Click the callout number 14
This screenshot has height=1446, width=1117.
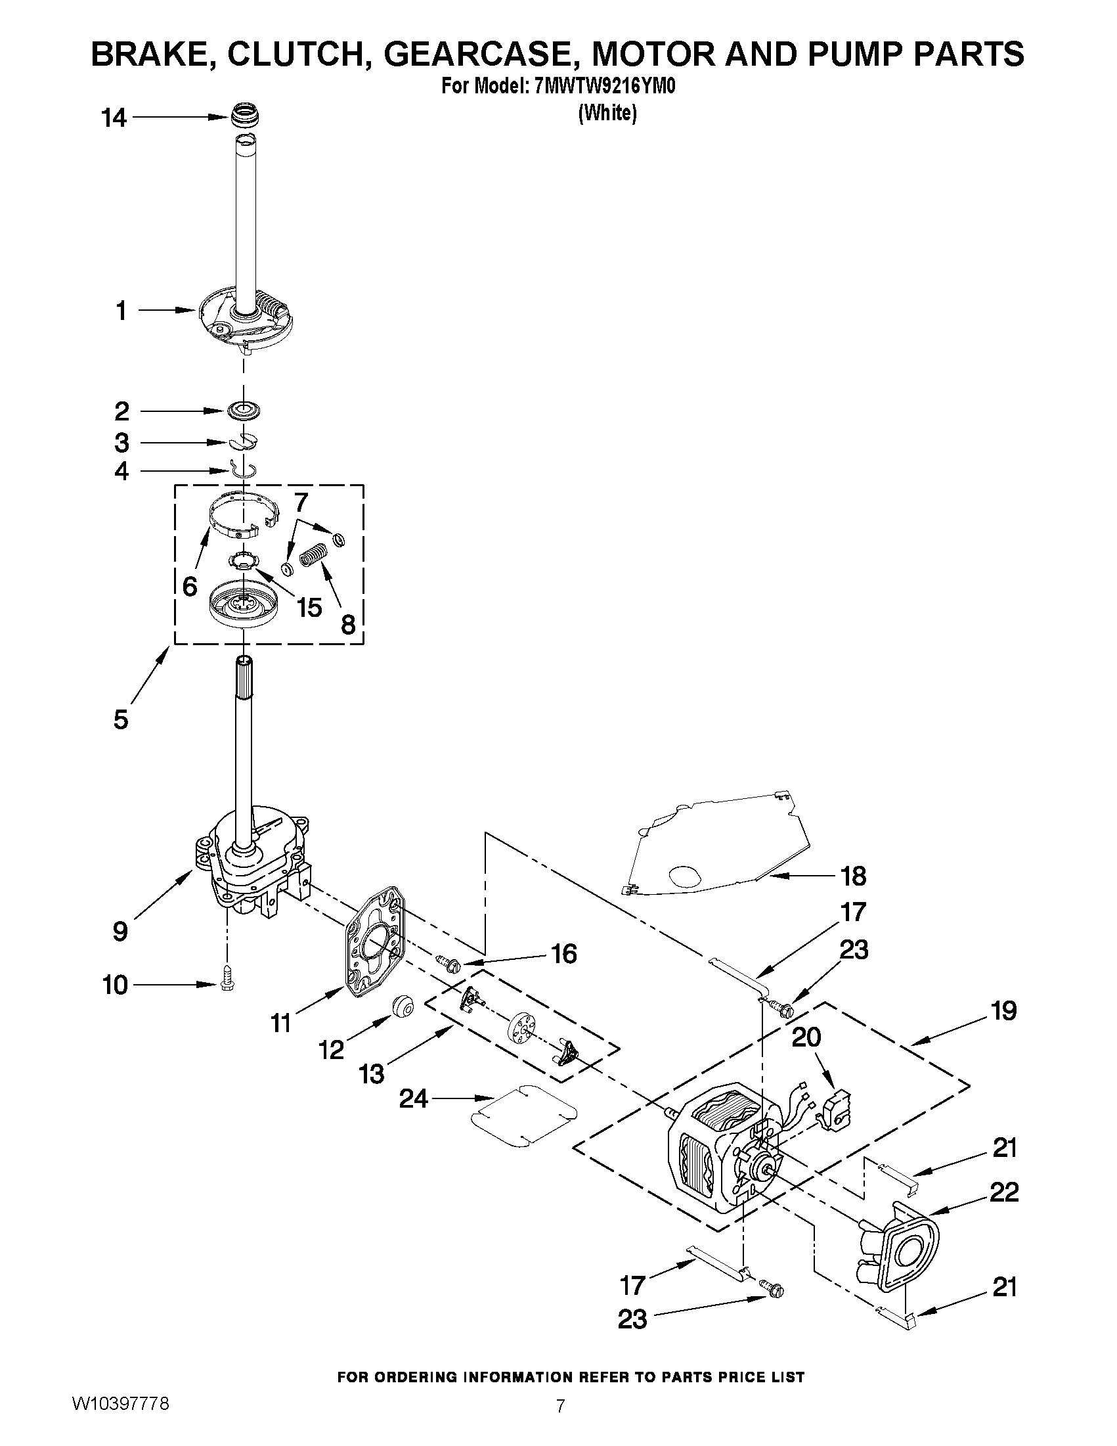pyautogui.click(x=114, y=118)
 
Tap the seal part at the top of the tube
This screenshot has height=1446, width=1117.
pyautogui.click(x=244, y=116)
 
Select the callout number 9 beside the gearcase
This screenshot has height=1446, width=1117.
pyautogui.click(x=120, y=932)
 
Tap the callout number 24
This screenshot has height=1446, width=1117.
pyautogui.click(x=414, y=1100)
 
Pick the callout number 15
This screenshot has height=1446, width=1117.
pyautogui.click(x=309, y=606)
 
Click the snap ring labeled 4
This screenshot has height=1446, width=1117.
pyautogui.click(x=244, y=469)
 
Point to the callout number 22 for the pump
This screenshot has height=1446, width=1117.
pyautogui.click(x=1004, y=1192)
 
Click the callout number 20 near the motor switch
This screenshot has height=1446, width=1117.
pyautogui.click(x=806, y=1037)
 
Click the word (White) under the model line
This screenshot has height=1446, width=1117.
pyautogui.click(x=607, y=113)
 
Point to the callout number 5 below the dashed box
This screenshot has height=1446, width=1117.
pyautogui.click(x=120, y=719)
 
